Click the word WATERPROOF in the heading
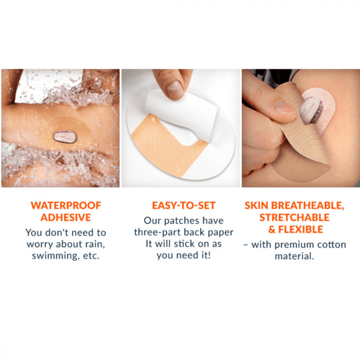(66, 205)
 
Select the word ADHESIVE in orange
(66, 217)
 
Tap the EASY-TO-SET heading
(184, 205)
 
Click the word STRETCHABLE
(294, 217)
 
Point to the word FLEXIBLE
(300, 230)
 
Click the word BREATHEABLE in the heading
(307, 205)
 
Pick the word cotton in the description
(332, 245)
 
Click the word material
(294, 256)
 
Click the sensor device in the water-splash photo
(65, 137)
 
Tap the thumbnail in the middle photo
(175, 89)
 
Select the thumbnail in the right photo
(285, 107)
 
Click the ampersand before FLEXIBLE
(272, 230)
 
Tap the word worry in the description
(40, 245)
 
